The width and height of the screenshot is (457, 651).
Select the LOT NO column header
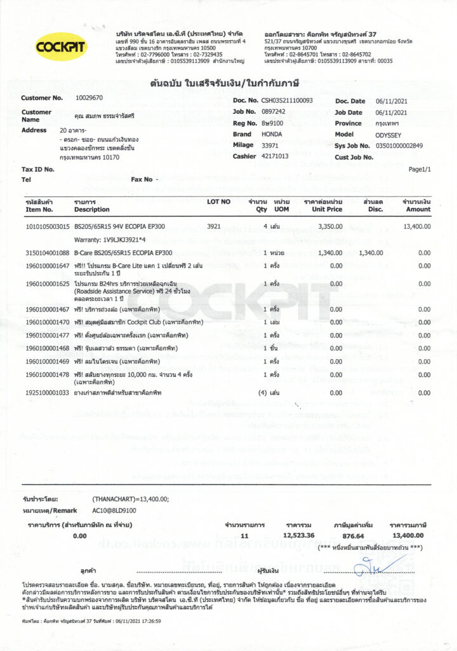(219, 202)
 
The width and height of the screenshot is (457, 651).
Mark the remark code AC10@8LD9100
(114, 511)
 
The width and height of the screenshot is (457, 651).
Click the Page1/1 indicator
(420, 170)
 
